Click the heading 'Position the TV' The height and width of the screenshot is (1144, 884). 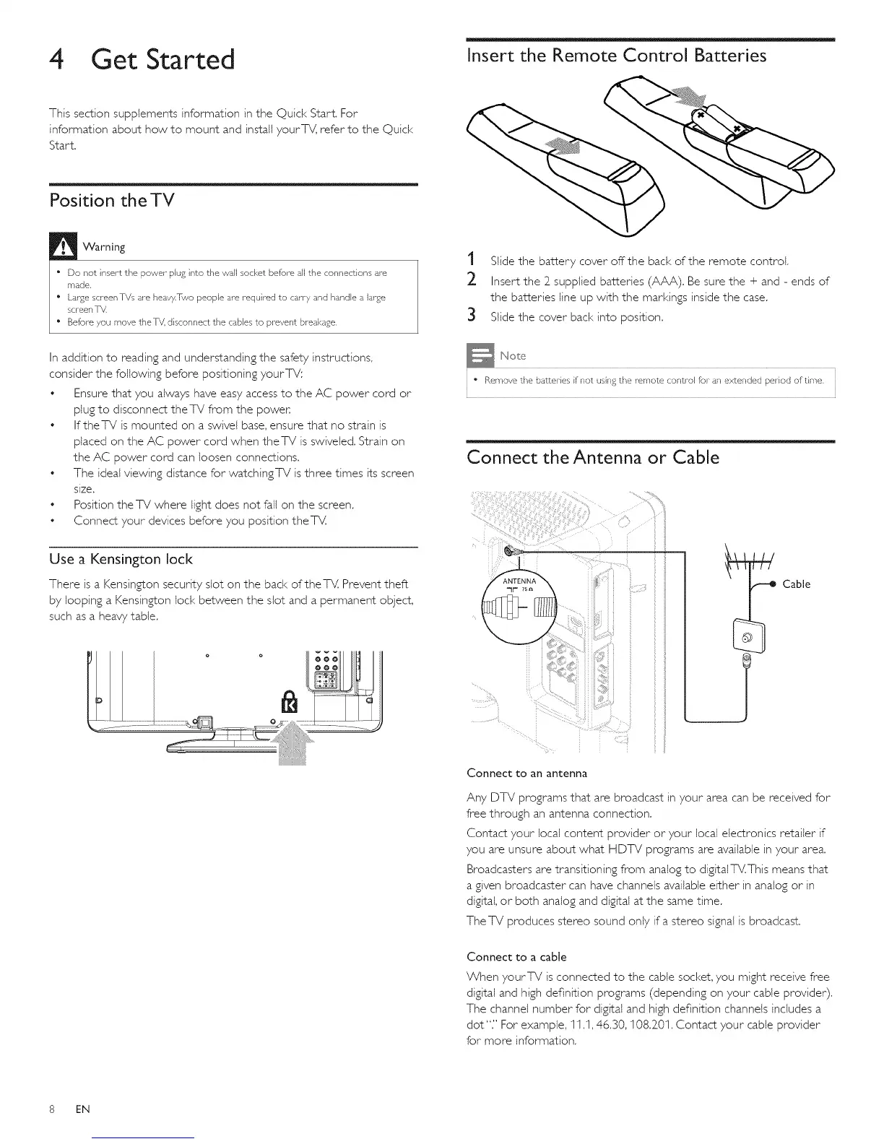point(112,200)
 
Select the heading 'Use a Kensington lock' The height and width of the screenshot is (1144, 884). point(121,559)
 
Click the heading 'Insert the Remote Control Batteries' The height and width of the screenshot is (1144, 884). point(617,56)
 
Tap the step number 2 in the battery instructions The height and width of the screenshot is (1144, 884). point(471,281)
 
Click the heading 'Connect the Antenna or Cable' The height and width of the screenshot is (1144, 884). point(593,457)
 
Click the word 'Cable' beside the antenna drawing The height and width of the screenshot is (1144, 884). point(796,584)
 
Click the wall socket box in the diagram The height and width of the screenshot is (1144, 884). point(747,636)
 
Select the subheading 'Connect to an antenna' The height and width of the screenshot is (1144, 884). point(527,773)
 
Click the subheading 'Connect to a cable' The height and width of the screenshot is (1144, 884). point(516,957)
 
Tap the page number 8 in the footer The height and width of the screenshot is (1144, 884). point(53,1109)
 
